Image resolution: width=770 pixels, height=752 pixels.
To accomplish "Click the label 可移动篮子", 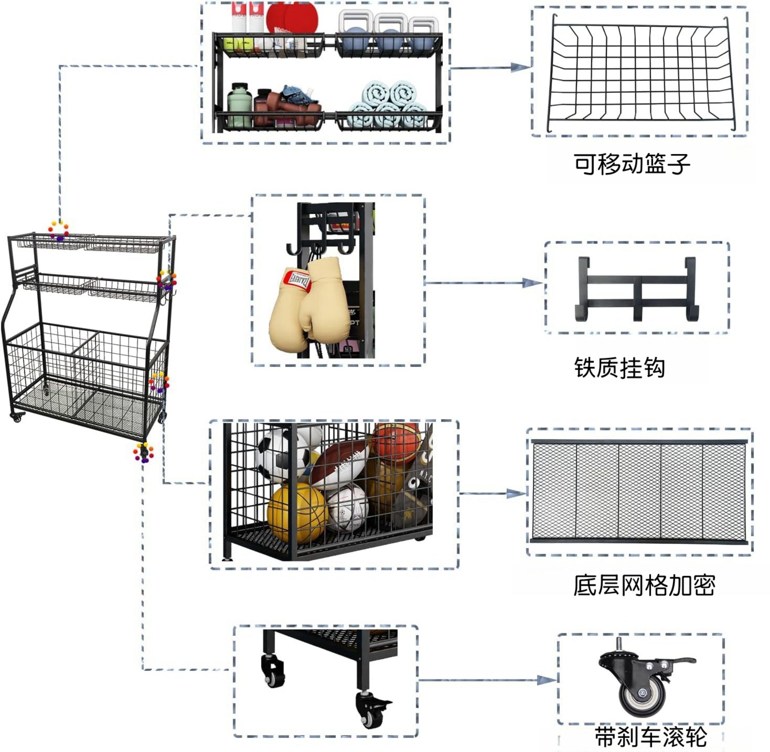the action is (632, 163).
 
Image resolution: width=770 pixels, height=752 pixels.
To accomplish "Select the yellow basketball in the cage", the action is (297, 512).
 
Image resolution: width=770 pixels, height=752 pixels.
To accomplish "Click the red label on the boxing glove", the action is (297, 281).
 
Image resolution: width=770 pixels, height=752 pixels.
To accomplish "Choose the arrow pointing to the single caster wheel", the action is (546, 680).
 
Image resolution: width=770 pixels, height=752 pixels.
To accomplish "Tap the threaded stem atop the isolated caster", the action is (618, 643).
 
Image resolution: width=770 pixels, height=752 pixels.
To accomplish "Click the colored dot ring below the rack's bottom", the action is (143, 453).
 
